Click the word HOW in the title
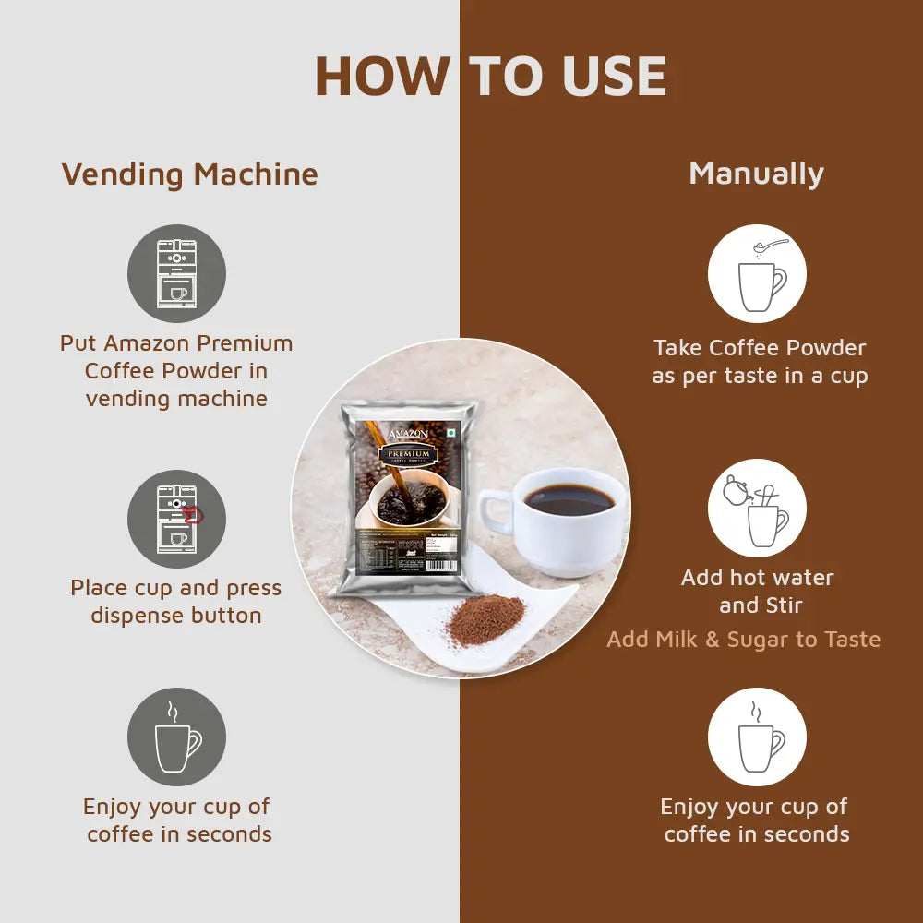(381, 77)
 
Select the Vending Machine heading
(189, 174)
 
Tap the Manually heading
(756, 174)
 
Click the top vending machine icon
(176, 273)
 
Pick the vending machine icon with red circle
(176, 519)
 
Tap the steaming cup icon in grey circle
(176, 737)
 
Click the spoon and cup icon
(757, 273)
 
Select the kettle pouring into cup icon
(757, 508)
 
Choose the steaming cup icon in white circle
(757, 737)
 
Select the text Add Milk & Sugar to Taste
(744, 640)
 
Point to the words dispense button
(176, 616)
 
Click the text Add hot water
(757, 578)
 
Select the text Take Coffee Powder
(760, 348)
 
